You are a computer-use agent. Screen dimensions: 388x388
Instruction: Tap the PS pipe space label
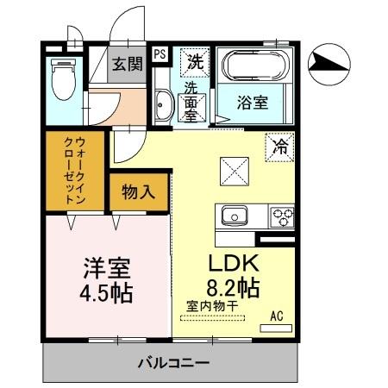[x=160, y=53]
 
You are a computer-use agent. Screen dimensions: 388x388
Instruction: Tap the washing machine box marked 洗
[x=195, y=61]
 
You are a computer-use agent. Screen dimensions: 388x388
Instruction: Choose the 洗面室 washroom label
[x=191, y=102]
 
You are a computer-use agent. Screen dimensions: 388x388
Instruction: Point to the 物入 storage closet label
[x=138, y=191]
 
